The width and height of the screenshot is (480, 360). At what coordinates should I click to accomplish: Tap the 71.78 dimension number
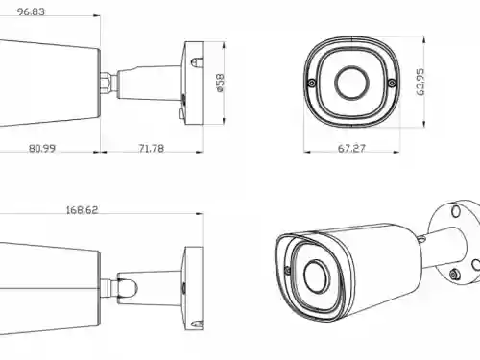[x=151, y=149]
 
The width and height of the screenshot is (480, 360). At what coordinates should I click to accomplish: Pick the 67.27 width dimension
[x=353, y=149]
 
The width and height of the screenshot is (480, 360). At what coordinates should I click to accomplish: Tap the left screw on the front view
[x=312, y=84]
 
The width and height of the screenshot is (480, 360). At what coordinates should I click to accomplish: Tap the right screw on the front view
[x=392, y=84]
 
